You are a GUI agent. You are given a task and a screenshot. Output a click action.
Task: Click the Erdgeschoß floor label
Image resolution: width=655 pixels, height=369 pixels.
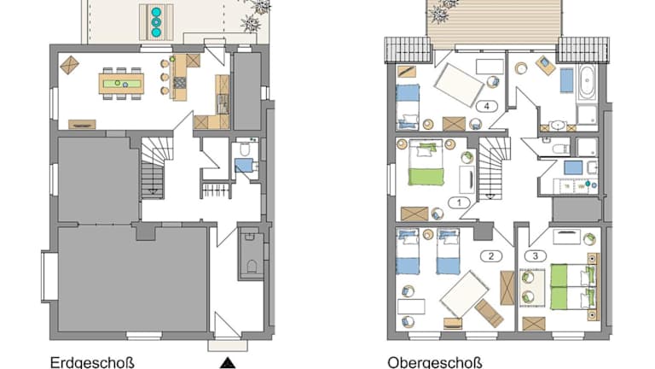[92, 362]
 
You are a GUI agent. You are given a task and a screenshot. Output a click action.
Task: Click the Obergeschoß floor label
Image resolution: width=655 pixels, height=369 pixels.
[435, 362]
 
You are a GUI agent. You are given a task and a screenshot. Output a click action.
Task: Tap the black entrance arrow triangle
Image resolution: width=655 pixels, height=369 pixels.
[228, 362]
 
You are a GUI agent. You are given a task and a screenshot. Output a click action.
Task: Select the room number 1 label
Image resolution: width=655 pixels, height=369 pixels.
[459, 203]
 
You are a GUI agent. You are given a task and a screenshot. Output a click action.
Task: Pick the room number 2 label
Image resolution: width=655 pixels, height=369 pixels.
[491, 256]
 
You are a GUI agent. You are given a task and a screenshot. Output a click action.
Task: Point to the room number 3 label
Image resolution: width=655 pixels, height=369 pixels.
[536, 255]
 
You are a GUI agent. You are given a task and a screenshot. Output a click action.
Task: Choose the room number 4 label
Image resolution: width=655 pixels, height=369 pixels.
[487, 106]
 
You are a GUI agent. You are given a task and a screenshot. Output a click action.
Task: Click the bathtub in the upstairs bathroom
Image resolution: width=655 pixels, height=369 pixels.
[587, 82]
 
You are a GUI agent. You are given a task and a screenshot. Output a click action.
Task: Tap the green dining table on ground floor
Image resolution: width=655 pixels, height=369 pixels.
[122, 84]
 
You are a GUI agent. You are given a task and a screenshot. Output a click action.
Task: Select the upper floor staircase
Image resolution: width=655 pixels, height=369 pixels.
[495, 167]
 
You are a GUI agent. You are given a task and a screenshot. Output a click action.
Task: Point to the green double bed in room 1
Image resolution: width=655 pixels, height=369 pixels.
[426, 163]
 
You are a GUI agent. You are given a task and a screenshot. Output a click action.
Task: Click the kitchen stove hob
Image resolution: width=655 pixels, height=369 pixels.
[180, 82]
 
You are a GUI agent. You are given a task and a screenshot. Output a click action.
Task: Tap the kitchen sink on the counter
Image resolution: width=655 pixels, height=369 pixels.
[223, 103]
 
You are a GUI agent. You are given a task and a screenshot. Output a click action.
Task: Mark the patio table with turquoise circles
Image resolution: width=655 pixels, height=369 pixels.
[156, 22]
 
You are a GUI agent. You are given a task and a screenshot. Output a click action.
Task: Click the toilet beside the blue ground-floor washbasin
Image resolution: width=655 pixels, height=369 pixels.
[245, 149]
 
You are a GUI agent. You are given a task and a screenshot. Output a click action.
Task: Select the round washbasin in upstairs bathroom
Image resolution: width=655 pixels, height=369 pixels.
[557, 125]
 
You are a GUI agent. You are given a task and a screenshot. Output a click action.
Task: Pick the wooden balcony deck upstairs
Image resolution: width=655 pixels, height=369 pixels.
[494, 21]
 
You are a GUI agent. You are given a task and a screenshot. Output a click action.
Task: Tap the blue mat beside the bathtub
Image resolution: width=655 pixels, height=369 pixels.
[566, 80]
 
